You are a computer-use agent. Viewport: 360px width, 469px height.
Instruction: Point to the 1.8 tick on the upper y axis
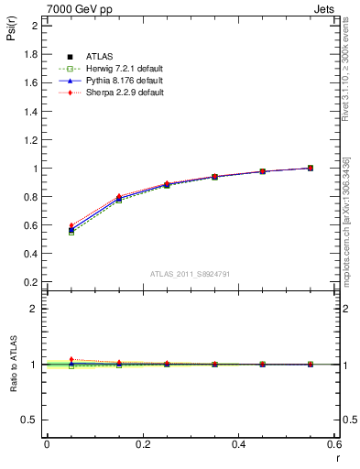tap(30, 54)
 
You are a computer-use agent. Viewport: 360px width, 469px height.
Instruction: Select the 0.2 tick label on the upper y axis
tap(30, 283)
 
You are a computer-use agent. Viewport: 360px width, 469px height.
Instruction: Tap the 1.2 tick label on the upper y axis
tap(30, 140)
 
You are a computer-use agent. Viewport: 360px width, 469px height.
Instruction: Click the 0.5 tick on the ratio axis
tap(30, 420)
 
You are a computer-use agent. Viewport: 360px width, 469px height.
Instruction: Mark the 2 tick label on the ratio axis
tap(35, 309)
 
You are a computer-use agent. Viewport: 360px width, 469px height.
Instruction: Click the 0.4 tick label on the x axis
tap(239, 444)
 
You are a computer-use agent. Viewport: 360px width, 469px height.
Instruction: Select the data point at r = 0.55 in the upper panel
tap(311, 168)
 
